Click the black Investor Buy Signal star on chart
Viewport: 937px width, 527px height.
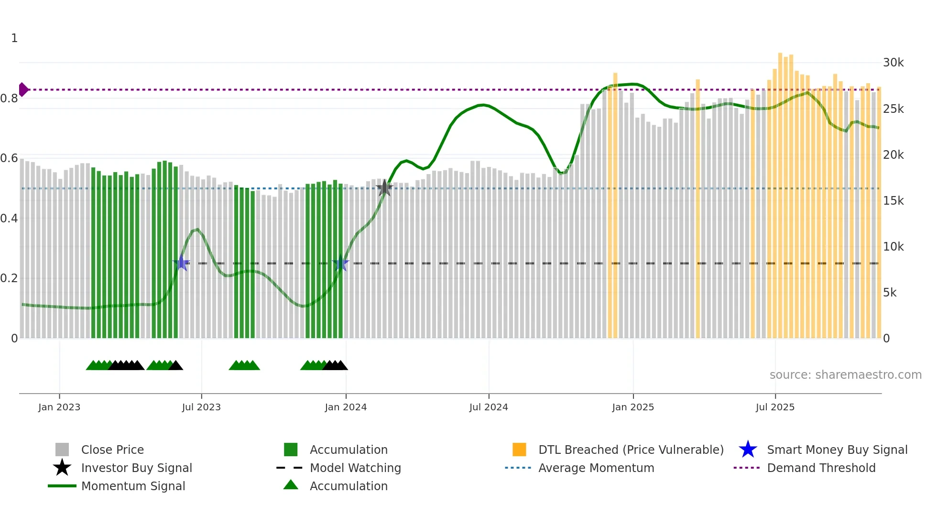coord(384,188)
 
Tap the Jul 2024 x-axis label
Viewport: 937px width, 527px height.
coord(489,407)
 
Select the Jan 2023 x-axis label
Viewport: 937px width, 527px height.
coord(59,407)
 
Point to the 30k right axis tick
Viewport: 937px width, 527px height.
coord(893,63)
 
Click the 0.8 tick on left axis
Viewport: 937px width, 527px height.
coord(10,99)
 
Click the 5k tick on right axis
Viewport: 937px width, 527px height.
coord(890,292)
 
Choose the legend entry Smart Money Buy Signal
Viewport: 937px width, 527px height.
coord(837,450)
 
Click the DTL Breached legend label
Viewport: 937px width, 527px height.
coord(631,450)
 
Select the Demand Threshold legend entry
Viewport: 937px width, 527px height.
coord(821,468)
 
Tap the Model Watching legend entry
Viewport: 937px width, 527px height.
coord(355,468)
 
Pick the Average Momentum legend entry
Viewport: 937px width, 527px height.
coord(596,468)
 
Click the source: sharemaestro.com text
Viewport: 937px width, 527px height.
coord(845,374)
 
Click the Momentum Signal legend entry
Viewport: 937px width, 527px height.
coord(133,486)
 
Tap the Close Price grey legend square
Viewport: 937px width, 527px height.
coord(62,450)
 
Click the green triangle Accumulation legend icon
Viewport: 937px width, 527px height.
coord(291,485)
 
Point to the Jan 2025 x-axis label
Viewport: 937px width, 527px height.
coord(633,407)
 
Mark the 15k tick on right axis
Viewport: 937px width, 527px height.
coord(893,200)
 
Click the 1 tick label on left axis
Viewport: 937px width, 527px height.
coord(14,38)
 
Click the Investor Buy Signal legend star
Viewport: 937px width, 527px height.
coord(62,468)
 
